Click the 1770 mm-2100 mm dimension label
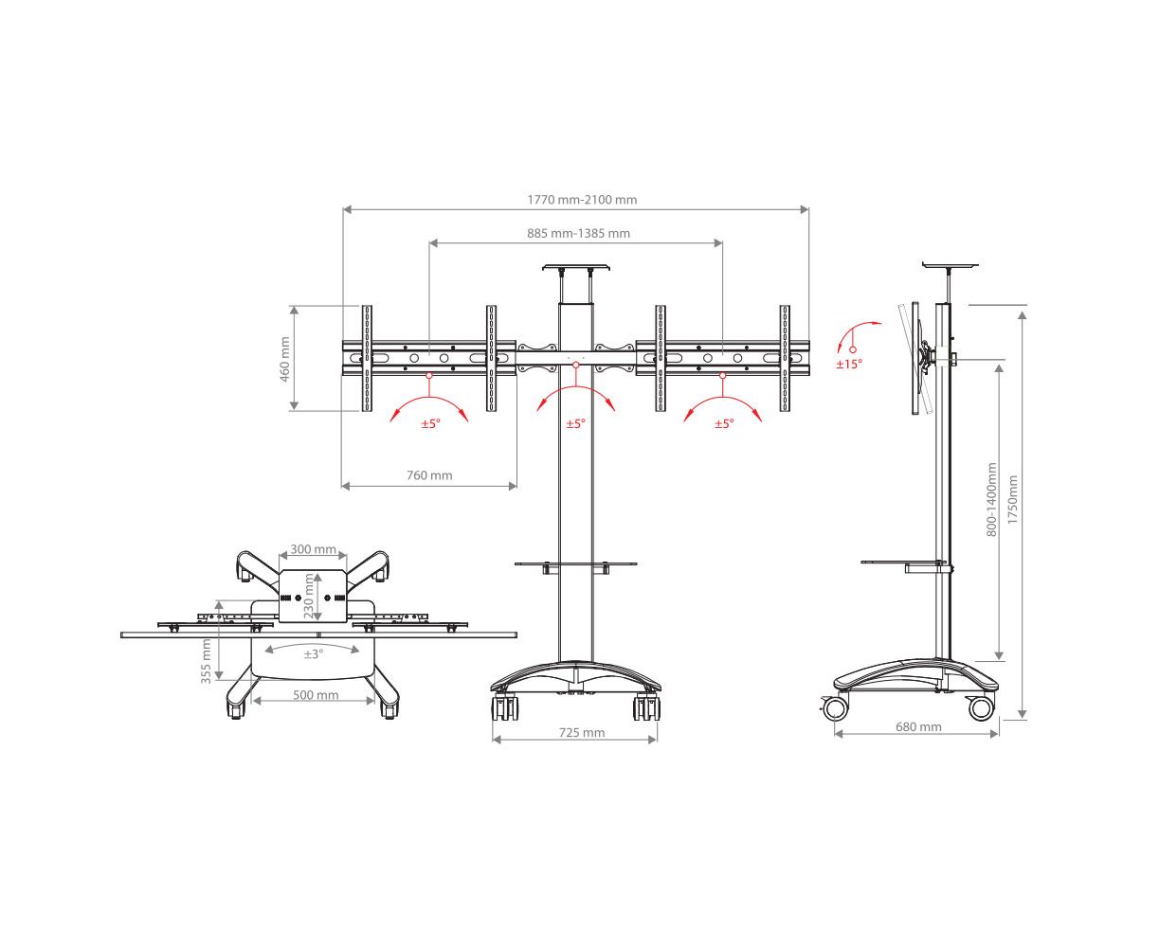click(x=582, y=200)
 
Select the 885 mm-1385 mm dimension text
click(x=578, y=233)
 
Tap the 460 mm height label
click(x=284, y=359)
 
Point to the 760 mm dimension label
click(x=429, y=475)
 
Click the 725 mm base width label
click(x=582, y=732)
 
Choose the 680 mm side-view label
click(x=918, y=726)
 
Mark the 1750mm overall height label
click(x=1012, y=499)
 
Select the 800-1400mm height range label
click(x=991, y=499)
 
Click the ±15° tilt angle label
click(x=849, y=364)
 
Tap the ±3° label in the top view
click(x=314, y=654)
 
